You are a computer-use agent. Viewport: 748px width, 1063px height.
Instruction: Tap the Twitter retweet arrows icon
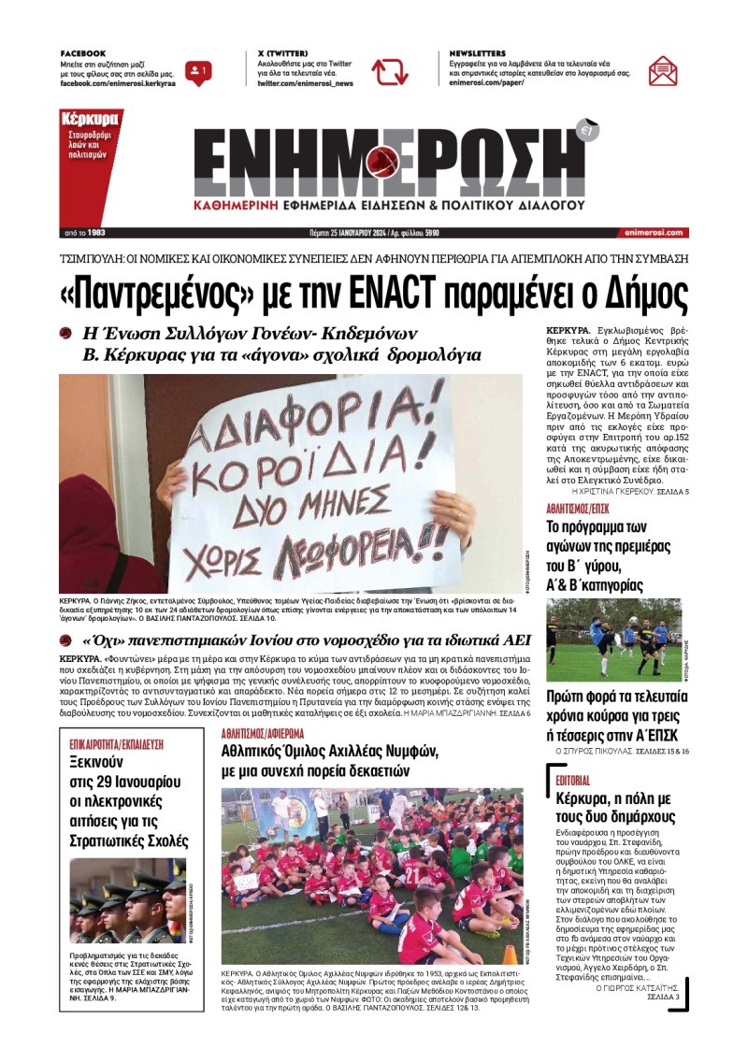389,71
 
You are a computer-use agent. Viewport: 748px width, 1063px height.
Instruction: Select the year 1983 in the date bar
96,233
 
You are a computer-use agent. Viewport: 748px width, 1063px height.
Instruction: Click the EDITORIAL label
572,779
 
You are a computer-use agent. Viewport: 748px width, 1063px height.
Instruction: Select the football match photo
613,640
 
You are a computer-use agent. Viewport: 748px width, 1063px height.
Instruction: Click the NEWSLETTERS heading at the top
478,53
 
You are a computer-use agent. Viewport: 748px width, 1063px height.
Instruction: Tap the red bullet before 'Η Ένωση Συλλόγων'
65,334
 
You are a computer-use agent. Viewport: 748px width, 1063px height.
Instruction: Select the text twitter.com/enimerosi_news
306,83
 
